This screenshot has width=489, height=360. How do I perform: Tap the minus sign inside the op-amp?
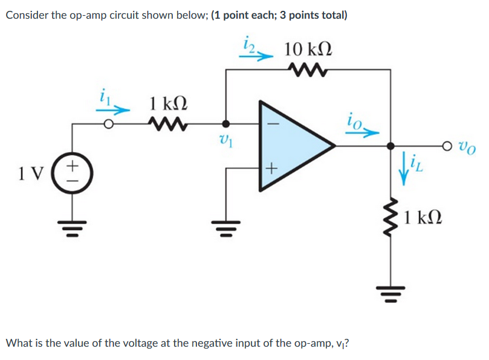click(271, 125)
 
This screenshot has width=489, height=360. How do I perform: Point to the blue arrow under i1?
click(114, 110)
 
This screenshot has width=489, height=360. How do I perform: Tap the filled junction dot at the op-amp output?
click(390, 146)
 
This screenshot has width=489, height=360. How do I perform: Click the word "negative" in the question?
click(215, 343)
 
